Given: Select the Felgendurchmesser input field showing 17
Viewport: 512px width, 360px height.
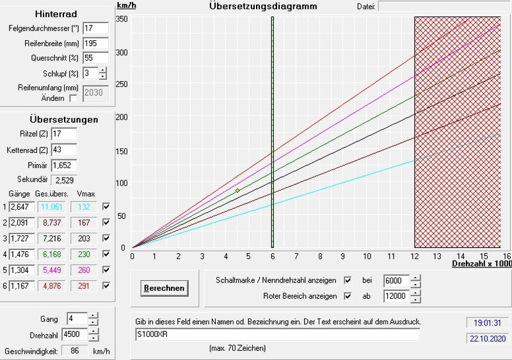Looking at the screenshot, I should click(95, 29).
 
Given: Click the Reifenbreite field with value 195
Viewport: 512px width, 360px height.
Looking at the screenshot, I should click(95, 43).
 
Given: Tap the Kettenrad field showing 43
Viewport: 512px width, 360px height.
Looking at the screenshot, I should click(63, 150).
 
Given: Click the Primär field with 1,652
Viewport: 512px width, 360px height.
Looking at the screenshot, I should click(63, 165).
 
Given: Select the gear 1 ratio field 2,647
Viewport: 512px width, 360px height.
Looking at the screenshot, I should click(22, 206).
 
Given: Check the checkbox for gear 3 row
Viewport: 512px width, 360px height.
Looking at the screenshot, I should click(106, 237).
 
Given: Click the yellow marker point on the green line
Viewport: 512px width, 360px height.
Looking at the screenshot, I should click(237, 191).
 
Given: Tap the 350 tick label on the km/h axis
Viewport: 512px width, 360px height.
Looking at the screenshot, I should click(121, 19).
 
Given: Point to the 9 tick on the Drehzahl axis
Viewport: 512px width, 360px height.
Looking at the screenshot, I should click(342, 256).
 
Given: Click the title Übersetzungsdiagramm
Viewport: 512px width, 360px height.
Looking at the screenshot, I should click(253, 6).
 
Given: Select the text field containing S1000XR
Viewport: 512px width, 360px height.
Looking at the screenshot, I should click(278, 334).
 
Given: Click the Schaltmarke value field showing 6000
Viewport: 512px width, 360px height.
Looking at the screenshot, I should click(396, 281).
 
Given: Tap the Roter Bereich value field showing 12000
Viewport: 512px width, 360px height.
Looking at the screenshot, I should click(396, 297).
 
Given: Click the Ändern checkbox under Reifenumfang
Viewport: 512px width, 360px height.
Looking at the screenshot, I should click(74, 98).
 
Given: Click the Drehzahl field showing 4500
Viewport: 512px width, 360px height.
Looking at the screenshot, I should click(75, 334).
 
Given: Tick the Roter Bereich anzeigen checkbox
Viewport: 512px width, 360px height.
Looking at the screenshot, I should click(348, 296).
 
